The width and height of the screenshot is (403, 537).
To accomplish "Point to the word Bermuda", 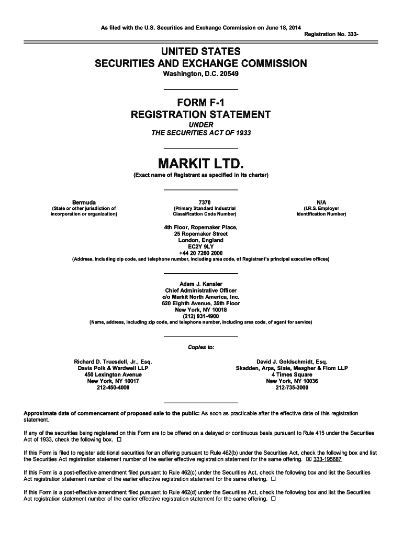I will pyautogui.click(x=84, y=202).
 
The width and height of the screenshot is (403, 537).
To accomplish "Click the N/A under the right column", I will pyautogui.click(x=321, y=202).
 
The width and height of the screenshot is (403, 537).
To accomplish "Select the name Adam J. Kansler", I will pyautogui.click(x=201, y=284).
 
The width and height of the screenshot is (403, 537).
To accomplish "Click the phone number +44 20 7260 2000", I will pyautogui.click(x=201, y=253).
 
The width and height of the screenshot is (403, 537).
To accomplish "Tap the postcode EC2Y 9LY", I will pyautogui.click(x=201, y=246).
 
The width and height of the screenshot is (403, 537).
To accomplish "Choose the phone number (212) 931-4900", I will pyautogui.click(x=201, y=316).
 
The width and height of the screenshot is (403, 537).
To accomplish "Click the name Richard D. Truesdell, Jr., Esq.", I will pyautogui.click(x=114, y=362).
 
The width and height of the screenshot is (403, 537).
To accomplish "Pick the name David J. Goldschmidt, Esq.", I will pyautogui.click(x=292, y=362).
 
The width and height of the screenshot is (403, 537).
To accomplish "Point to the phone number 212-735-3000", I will pyautogui.click(x=292, y=388).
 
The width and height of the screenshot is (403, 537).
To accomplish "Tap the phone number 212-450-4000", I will pyautogui.click(x=114, y=388).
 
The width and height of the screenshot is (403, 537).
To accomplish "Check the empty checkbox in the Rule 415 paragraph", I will pyautogui.click(x=119, y=439).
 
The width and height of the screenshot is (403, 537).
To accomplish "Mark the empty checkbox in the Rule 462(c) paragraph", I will pyautogui.click(x=273, y=479).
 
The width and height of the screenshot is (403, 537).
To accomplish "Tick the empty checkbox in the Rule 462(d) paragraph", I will pyautogui.click(x=273, y=499).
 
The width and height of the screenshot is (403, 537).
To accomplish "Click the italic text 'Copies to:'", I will pyautogui.click(x=201, y=347).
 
